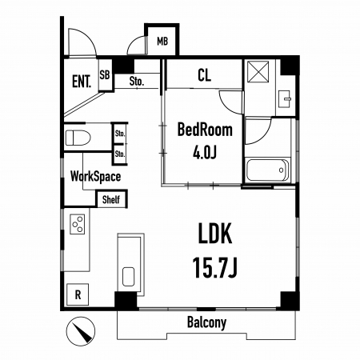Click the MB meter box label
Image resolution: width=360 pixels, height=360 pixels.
162,42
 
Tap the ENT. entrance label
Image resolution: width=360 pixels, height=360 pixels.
82,82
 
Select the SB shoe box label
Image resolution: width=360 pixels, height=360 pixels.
105,74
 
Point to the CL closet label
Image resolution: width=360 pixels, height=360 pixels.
205,75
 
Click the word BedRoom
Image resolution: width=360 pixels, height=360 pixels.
205,130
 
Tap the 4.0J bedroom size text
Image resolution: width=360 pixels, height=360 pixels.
205,152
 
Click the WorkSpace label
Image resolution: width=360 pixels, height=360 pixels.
95,177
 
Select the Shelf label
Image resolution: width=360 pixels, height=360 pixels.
111,199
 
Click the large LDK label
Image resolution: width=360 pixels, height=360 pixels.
215,234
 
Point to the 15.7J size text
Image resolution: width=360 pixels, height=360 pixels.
214,268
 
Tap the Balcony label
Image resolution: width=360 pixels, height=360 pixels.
206,322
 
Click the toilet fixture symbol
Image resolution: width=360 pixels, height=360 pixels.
78,138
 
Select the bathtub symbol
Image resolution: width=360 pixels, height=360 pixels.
267,170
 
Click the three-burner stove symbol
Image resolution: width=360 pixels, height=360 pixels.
78,224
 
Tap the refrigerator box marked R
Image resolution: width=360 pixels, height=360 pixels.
78,294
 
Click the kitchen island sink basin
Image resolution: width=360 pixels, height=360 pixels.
129,277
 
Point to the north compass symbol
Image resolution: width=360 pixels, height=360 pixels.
81,331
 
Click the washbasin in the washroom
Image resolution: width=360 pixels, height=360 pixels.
284,99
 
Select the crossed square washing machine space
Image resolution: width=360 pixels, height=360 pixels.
258,72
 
